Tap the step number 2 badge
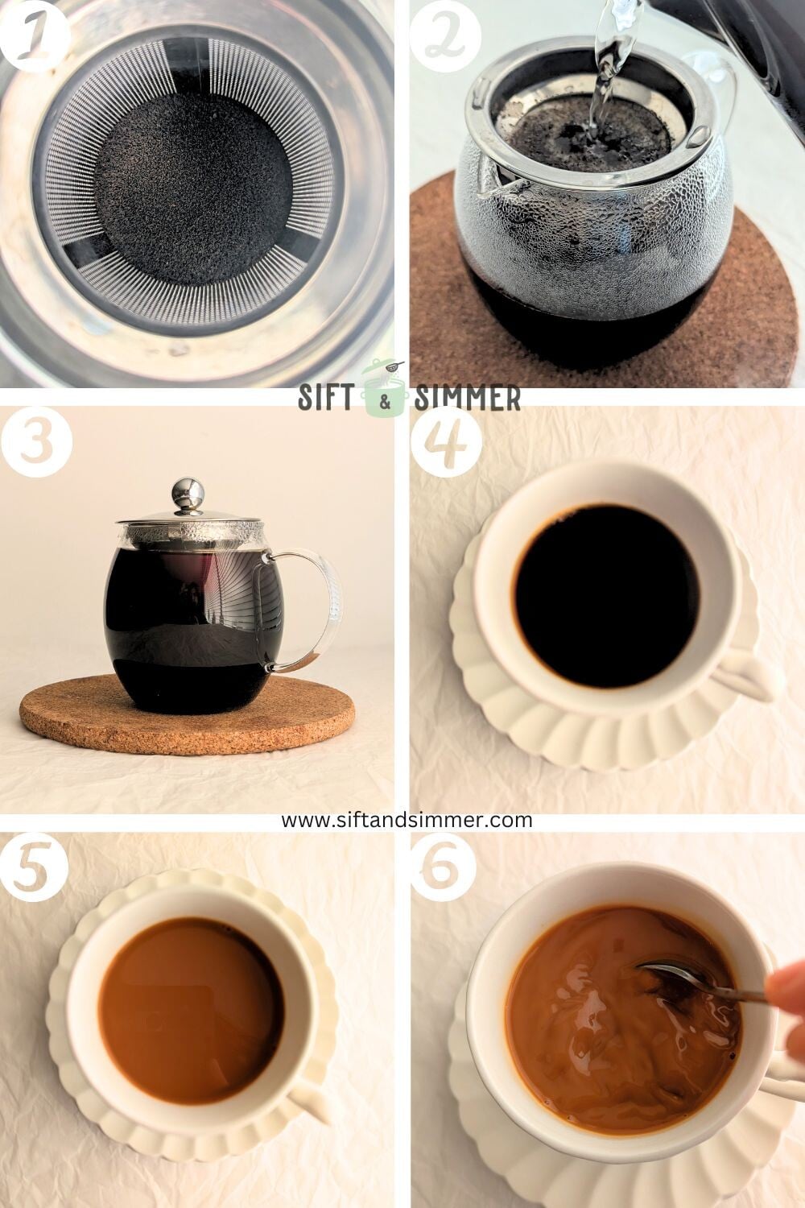[x=445, y=34]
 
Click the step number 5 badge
[x=32, y=866]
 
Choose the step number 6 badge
[x=445, y=866]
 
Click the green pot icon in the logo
[x=385, y=391]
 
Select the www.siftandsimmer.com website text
[x=407, y=820]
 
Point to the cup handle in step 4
[x=745, y=676]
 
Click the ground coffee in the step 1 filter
[x=193, y=193]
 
